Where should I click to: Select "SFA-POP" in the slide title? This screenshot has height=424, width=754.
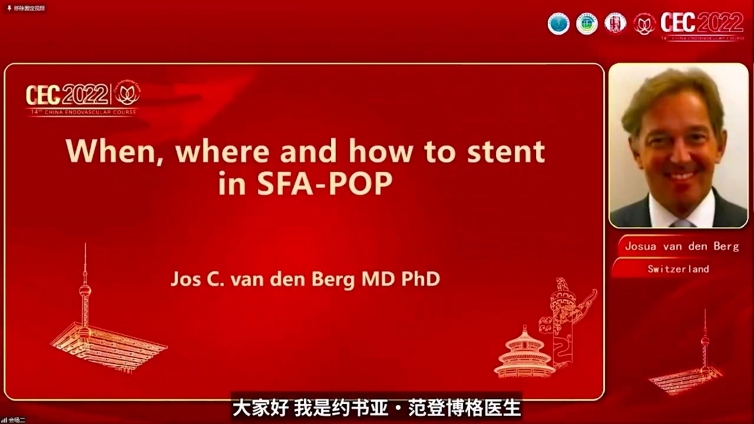(x=325, y=184)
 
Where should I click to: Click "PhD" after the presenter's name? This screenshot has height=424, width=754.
(x=420, y=279)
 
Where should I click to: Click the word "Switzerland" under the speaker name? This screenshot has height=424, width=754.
(x=678, y=269)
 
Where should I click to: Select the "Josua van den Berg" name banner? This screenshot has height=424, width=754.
(x=682, y=246)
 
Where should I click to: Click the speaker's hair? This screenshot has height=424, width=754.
(x=672, y=88)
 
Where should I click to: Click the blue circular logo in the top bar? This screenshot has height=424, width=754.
(x=558, y=24)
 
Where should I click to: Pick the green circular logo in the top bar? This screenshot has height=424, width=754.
(x=587, y=24)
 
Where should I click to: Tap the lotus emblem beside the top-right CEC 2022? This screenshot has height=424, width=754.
(x=644, y=24)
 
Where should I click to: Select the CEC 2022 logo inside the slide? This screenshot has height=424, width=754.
(x=82, y=98)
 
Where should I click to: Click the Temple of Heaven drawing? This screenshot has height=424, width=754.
(x=524, y=353)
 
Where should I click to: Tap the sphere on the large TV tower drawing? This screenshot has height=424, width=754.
(x=85, y=290)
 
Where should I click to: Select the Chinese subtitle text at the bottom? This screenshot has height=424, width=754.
(x=376, y=408)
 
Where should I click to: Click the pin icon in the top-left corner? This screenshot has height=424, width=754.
(x=9, y=8)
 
